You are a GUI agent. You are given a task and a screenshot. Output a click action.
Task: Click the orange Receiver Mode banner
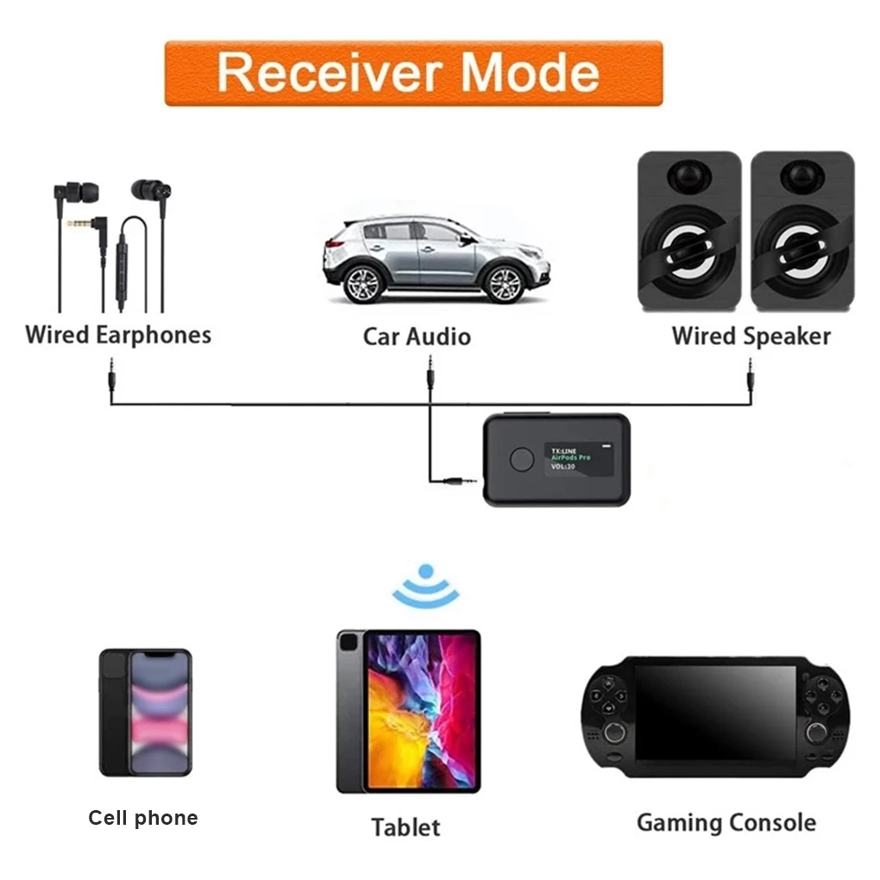(413, 73)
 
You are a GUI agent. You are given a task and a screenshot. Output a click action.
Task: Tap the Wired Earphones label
(118, 335)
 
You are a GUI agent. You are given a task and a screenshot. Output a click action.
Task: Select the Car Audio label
(417, 336)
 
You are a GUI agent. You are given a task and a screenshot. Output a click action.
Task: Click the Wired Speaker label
(751, 336)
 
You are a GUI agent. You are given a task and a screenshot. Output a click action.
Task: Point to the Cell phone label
(143, 818)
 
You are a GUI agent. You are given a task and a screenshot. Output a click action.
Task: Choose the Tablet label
(405, 827)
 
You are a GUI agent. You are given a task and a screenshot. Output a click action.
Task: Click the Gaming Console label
(726, 823)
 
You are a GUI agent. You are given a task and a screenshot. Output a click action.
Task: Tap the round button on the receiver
(521, 459)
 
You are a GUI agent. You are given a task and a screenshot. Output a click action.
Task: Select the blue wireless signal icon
(425, 586)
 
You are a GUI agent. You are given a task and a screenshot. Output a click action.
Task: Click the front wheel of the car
(504, 281)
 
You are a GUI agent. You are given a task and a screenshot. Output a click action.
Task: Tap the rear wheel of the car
(363, 282)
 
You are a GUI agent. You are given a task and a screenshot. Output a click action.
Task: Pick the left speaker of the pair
(688, 231)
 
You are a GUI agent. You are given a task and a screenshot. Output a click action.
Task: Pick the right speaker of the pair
(801, 231)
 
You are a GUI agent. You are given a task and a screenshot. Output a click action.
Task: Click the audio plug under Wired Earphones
(111, 380)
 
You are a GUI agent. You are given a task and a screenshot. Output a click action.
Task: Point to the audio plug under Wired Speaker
(750, 380)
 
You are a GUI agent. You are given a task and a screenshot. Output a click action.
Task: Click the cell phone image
(145, 712)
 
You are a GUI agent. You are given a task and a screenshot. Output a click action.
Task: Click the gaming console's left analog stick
(614, 732)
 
